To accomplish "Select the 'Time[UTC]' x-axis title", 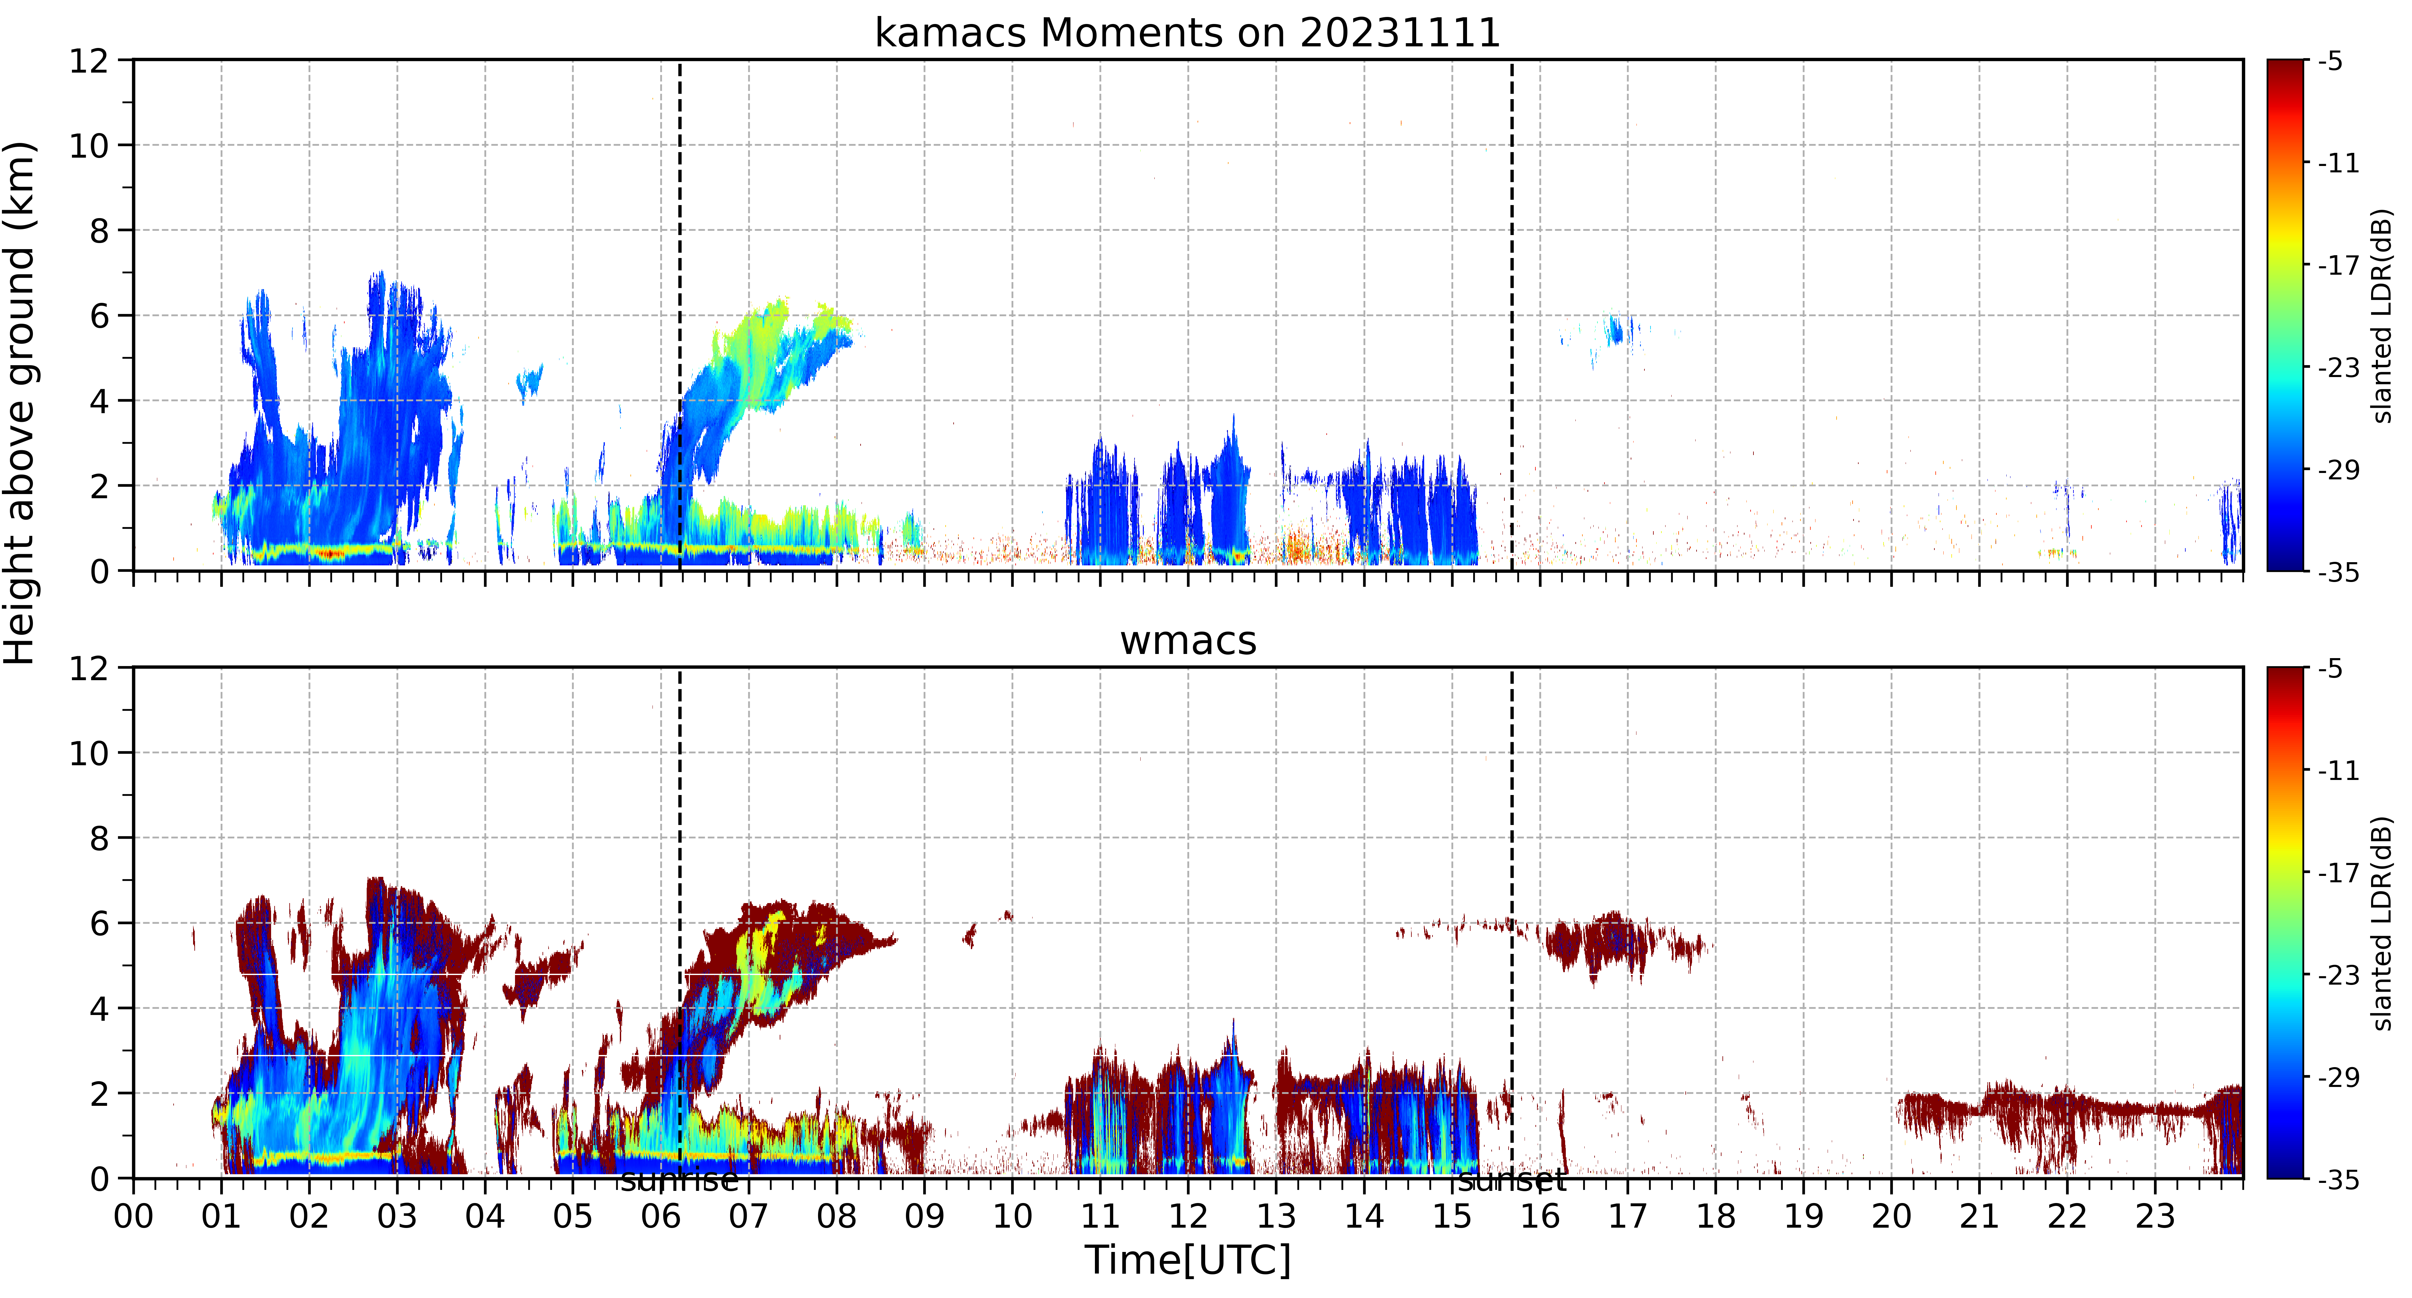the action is click(x=1187, y=1260).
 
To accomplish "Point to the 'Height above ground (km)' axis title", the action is click(x=19, y=403).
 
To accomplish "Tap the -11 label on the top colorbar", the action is click(x=2338, y=163).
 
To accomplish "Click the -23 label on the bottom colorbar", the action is click(x=2338, y=975).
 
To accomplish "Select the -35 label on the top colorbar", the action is click(x=2338, y=571).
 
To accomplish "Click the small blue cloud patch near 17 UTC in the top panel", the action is click(x=1614, y=330).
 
